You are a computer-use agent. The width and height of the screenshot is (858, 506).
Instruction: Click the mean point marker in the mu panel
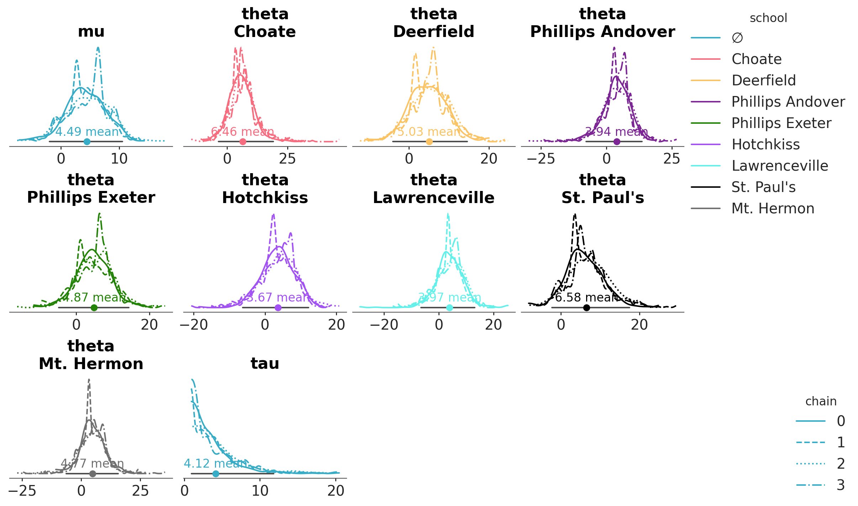pyautogui.click(x=87, y=142)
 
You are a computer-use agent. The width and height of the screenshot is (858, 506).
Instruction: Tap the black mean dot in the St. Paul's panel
pyautogui.click(x=586, y=308)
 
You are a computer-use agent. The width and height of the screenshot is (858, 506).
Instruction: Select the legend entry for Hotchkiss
pyautogui.click(x=765, y=144)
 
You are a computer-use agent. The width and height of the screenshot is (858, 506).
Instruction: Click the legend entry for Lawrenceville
pyautogui.click(x=780, y=166)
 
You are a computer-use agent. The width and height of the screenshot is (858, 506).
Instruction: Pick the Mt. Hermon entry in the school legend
pyautogui.click(x=773, y=208)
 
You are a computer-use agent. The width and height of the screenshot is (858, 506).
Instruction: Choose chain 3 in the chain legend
pyautogui.click(x=841, y=485)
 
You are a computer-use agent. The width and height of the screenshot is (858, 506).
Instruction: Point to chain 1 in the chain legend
pyautogui.click(x=841, y=442)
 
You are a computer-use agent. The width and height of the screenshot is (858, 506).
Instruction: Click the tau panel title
pyautogui.click(x=265, y=363)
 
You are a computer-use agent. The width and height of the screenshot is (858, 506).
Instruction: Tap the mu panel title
pyautogui.click(x=91, y=31)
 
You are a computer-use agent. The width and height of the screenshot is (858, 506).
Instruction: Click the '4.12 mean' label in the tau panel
pyautogui.click(x=215, y=463)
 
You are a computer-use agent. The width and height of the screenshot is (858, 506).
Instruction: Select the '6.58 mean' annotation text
pyautogui.click(x=586, y=297)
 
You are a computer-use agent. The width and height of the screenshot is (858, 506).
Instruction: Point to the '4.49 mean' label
pyautogui.click(x=87, y=132)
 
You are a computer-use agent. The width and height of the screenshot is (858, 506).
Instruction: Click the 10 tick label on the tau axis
pyautogui.click(x=260, y=491)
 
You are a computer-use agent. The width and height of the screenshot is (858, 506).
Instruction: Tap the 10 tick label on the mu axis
pyautogui.click(x=119, y=159)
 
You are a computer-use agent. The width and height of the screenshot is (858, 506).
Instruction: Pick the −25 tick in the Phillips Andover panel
pyautogui.click(x=541, y=159)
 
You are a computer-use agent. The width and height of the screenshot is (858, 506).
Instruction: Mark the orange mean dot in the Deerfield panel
pyautogui.click(x=429, y=142)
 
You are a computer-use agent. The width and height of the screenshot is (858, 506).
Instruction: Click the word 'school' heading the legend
pyautogui.click(x=768, y=18)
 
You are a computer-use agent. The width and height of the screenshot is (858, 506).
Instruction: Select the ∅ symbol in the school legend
pyautogui.click(x=737, y=38)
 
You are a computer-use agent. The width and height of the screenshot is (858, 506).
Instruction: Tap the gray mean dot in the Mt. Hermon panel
pyautogui.click(x=93, y=474)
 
